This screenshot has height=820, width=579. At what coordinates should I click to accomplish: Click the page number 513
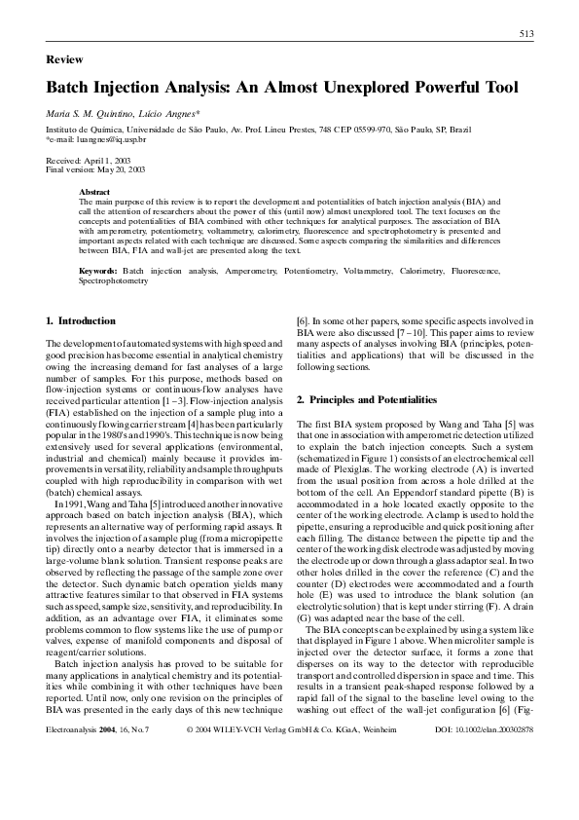[x=525, y=34]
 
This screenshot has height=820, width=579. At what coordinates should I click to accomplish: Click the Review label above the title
[x=64, y=59]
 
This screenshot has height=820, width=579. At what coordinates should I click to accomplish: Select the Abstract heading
[x=94, y=193]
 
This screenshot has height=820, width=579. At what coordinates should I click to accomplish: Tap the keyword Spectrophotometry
[x=114, y=280]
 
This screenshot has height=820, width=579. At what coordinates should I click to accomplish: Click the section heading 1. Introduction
[x=81, y=320]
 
